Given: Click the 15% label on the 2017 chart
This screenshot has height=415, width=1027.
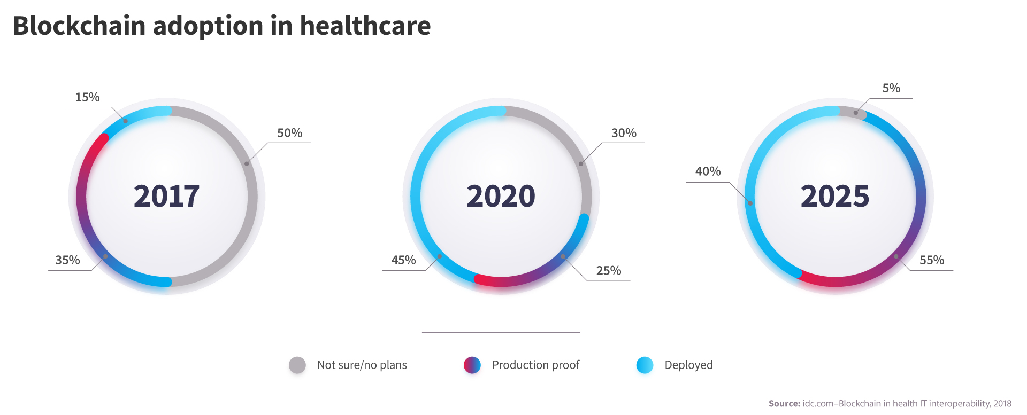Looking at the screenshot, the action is pyautogui.click(x=87, y=97).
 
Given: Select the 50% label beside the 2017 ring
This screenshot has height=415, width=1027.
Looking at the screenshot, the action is pyautogui.click(x=289, y=133).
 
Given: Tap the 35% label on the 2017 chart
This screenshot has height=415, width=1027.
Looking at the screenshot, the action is pyautogui.click(x=67, y=260).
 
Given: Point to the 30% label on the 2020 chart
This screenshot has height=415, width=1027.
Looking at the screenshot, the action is pyautogui.click(x=624, y=133).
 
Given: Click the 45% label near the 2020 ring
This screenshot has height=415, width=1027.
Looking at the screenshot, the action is pyautogui.click(x=403, y=260).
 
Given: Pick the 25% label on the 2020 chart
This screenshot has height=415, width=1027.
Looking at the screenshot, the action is pyautogui.click(x=609, y=271).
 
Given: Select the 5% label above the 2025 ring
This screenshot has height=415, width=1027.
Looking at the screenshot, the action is pyautogui.click(x=891, y=88).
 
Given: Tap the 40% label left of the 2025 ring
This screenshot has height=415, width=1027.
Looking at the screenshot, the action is pyautogui.click(x=708, y=171).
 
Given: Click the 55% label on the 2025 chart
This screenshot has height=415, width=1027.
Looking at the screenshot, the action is pyautogui.click(x=932, y=260).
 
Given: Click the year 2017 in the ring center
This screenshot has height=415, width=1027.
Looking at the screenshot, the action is pyautogui.click(x=166, y=196).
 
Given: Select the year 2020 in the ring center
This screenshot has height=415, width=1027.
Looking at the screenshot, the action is pyautogui.click(x=501, y=196).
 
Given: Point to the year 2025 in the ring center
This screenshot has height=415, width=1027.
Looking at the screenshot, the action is pyautogui.click(x=835, y=196).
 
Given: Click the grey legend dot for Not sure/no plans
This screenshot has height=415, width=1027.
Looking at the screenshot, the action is pyautogui.click(x=297, y=365).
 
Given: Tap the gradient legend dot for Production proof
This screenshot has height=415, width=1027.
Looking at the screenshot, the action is pyautogui.click(x=472, y=365).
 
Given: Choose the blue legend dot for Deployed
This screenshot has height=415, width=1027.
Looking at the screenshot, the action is pyautogui.click(x=645, y=365).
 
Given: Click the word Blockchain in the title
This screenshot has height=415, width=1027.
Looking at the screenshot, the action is pyautogui.click(x=79, y=26).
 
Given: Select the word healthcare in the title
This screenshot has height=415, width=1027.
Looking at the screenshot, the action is pyautogui.click(x=365, y=26).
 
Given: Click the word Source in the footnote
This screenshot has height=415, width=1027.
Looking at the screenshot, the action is pyautogui.click(x=784, y=404).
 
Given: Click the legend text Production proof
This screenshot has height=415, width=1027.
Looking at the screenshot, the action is pyautogui.click(x=535, y=365).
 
